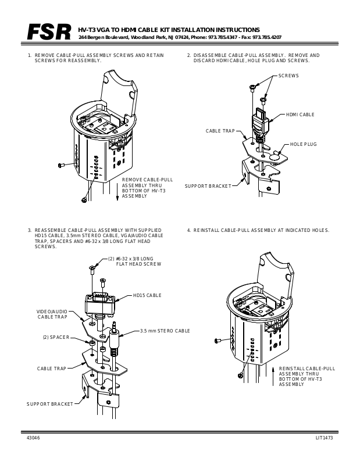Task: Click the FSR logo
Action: pyautogui.click(x=49, y=33)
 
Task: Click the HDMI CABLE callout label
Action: pyautogui.click(x=300, y=115)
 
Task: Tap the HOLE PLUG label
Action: pyautogui.click(x=303, y=144)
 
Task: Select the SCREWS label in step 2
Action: pyautogui.click(x=288, y=76)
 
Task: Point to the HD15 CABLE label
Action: pyautogui.click(x=147, y=295)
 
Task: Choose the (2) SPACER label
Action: pyautogui.click(x=56, y=337)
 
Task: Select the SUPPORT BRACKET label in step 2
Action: pyautogui.click(x=208, y=186)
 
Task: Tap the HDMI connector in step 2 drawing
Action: pyautogui.click(x=260, y=122)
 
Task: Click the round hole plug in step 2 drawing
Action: pyautogui.click(x=275, y=156)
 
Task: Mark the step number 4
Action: pyautogui.click(x=188, y=230)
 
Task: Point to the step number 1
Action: pyautogui.click(x=29, y=55)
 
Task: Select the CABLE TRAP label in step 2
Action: pyautogui.click(x=220, y=131)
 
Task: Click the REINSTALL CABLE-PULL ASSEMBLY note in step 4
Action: pyautogui.click(x=306, y=376)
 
